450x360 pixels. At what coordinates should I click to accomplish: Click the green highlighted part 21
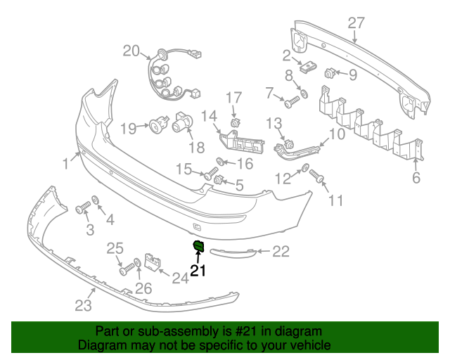coord(198,245)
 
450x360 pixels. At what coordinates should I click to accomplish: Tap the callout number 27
coord(356,23)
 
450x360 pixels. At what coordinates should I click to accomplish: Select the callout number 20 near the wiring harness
coord(131,51)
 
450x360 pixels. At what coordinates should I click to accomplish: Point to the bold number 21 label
coord(198,271)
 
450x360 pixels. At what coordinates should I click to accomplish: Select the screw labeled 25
coord(127,268)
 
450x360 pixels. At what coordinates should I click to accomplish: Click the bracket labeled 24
coord(153,262)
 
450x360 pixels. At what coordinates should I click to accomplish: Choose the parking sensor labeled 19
coord(155,127)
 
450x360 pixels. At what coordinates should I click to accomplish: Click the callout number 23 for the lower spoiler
coord(84,305)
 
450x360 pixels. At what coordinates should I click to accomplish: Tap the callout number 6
coord(416,178)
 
